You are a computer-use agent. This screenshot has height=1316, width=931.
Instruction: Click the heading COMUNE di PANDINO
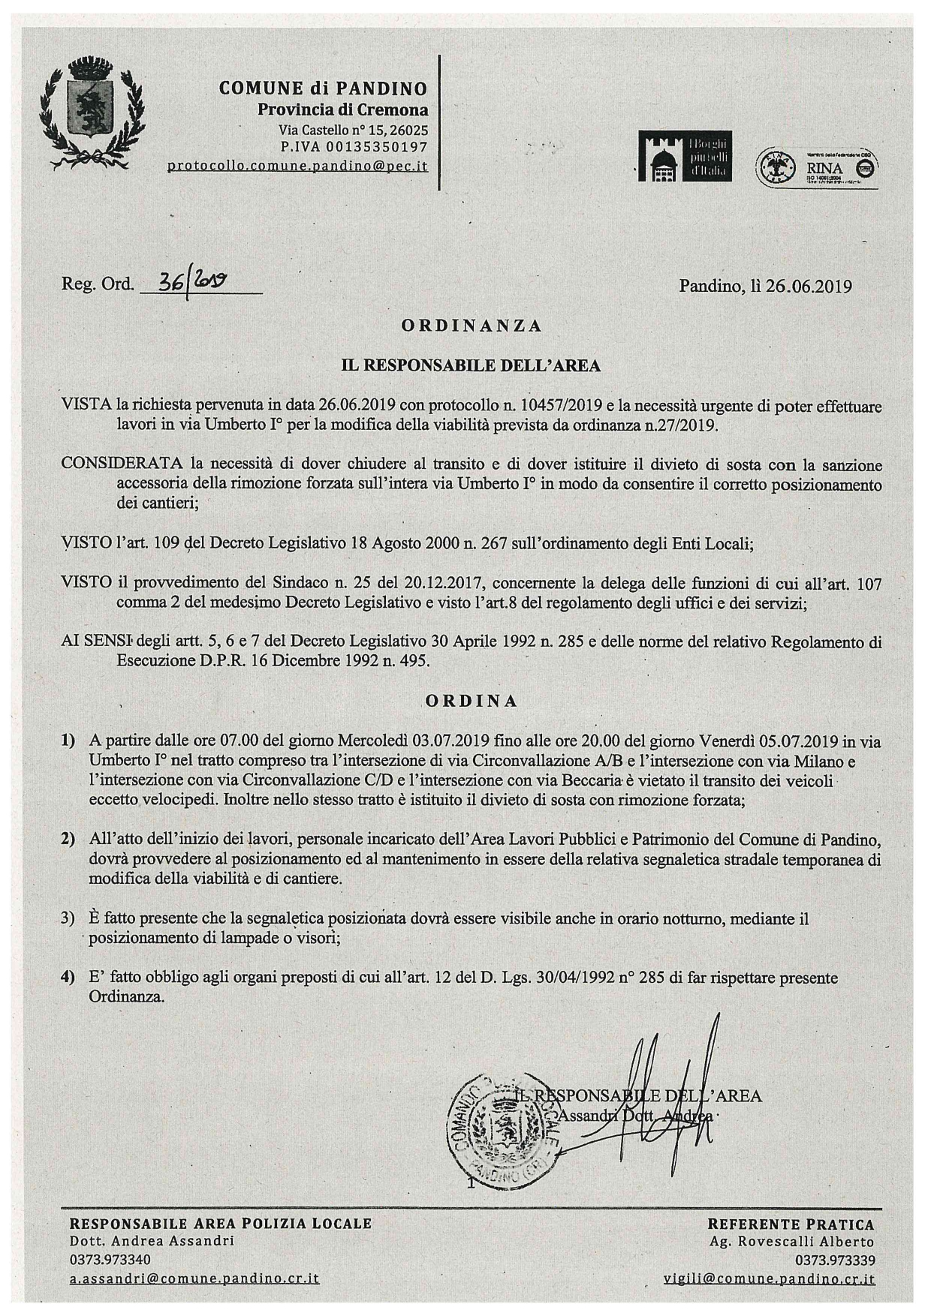tap(323, 89)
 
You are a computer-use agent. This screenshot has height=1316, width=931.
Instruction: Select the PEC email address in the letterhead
tap(297, 166)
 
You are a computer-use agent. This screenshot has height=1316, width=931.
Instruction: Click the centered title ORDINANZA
tap(472, 326)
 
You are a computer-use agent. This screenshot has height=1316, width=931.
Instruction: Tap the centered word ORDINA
tap(472, 701)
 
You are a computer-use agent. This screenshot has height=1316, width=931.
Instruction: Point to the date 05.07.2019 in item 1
tap(798, 741)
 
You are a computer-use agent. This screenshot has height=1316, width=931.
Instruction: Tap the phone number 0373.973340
tap(110, 1259)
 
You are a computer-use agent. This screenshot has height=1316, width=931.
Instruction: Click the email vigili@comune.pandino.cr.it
tap(770, 1278)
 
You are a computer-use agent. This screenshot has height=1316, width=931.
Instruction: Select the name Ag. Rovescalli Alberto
tap(792, 1242)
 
